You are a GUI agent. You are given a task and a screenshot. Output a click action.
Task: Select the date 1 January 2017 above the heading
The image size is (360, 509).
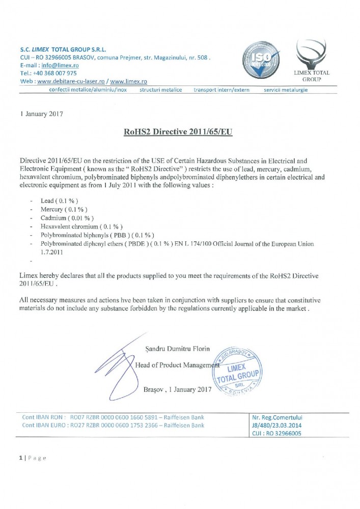(x=41, y=114)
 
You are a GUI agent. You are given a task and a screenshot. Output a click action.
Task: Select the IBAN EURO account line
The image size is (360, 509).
(x=113, y=425)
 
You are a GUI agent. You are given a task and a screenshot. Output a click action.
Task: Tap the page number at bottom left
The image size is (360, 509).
(x=21, y=458)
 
